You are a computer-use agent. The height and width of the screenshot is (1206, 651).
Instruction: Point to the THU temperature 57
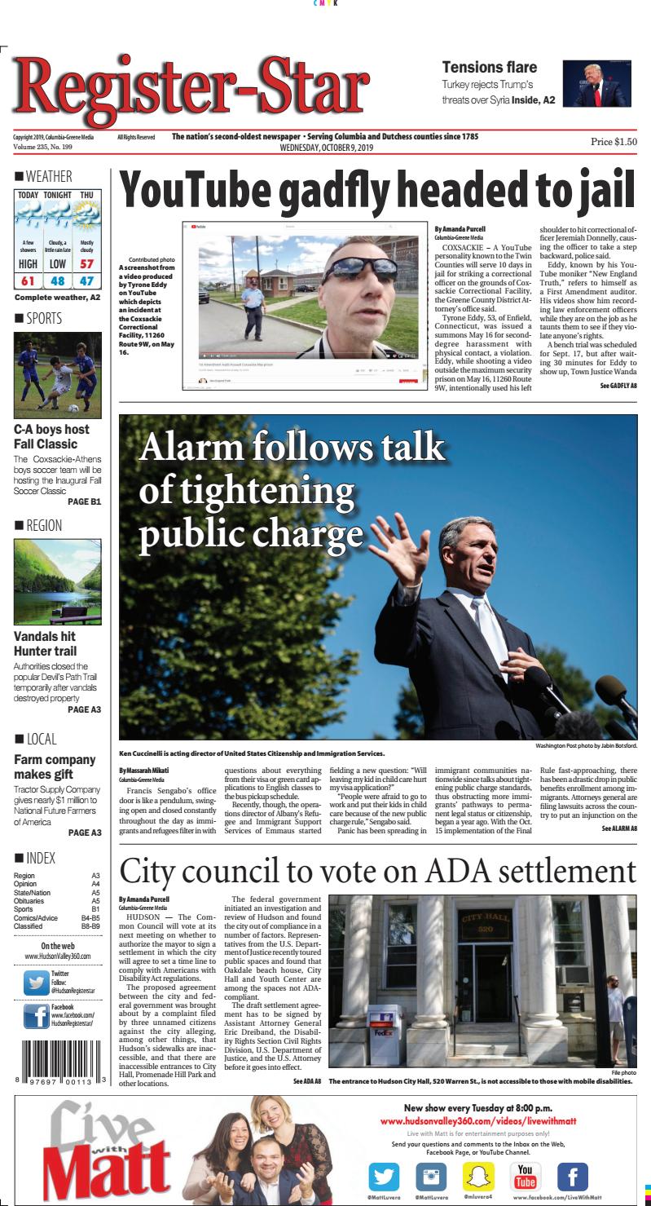tap(86, 264)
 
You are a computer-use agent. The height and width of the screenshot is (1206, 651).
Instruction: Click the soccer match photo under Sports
tap(57, 374)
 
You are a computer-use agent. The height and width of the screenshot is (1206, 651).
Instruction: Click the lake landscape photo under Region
tap(57, 581)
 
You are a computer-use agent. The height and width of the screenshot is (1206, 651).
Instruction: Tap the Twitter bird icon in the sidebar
tap(36, 981)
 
